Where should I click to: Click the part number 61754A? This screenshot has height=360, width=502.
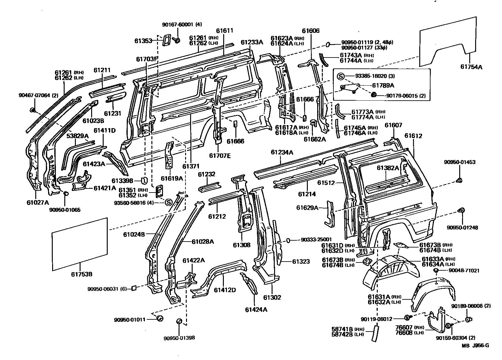(471, 67)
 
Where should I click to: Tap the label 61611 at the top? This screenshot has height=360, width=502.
(224, 31)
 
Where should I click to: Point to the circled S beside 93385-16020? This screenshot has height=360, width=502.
(341, 76)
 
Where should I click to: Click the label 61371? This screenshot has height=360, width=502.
(191, 166)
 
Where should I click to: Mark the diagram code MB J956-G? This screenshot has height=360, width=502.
(476, 345)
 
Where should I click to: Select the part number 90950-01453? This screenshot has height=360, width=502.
(460, 162)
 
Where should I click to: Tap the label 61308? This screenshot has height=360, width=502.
(242, 245)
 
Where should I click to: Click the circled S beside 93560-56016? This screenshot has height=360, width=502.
(168, 202)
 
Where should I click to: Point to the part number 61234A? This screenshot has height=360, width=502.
(282, 152)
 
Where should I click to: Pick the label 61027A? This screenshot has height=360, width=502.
(37, 202)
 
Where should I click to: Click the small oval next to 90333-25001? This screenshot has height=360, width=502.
(289, 240)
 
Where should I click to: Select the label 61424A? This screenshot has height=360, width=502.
(256, 309)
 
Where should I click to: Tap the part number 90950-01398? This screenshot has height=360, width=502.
(179, 338)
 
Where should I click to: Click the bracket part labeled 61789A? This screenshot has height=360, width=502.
(350, 87)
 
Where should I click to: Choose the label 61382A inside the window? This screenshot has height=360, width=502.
(388, 168)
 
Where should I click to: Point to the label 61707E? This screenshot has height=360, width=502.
(220, 155)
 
